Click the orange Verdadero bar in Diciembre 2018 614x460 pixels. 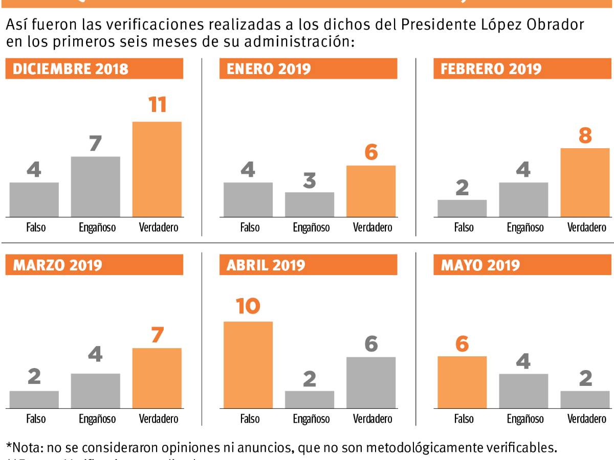point(157,169)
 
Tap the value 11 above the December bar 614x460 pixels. point(157,104)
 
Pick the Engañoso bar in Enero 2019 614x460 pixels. point(309,204)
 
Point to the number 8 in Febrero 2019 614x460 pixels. point(585,136)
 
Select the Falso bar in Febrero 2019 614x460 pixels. point(462,209)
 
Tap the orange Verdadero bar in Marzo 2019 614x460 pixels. point(157,378)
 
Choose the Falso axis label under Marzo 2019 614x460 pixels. point(36,419)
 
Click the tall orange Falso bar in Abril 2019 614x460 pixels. point(248,365)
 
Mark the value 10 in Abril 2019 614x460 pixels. point(248,306)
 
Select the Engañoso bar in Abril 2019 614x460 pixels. point(309,400)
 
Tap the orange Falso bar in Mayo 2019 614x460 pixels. point(462,382)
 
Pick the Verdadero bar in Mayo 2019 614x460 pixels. point(585,400)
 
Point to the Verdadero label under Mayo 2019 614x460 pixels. point(586,419)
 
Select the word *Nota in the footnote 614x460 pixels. point(25,448)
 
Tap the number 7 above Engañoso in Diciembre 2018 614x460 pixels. point(95,144)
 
